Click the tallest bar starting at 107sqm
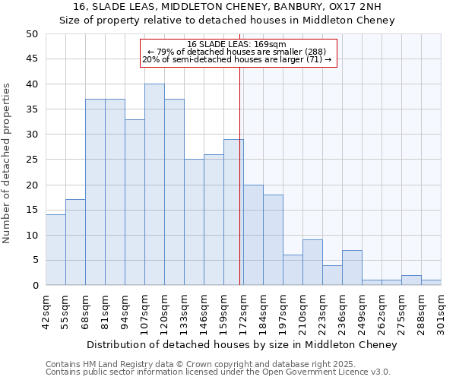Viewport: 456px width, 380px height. pos(154,185)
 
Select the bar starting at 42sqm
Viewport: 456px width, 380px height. pos(55,250)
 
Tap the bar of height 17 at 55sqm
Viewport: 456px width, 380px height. pos(75,242)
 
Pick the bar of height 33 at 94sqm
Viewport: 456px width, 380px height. pos(135,202)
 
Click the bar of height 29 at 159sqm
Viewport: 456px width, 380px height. pos(233,212)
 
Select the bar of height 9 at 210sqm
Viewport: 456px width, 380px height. pos(312,262)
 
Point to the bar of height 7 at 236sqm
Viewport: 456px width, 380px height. pos(352,268)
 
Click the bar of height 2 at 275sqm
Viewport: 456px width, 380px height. pos(411,280)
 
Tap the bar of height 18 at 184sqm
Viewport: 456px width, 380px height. pos(273,240)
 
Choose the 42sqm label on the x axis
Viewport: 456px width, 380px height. pos(46,312)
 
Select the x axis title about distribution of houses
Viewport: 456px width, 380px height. pos(242,345)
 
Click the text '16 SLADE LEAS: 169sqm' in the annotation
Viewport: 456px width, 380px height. pos(236,44)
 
